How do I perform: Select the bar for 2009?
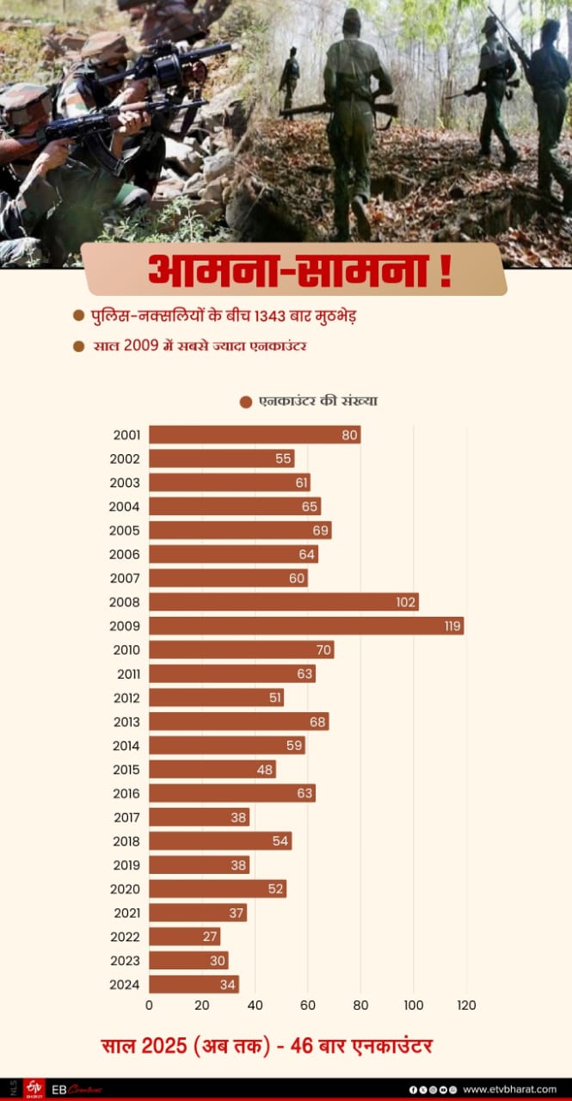click(305, 626)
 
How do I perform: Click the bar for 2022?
click(184, 937)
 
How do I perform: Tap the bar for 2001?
click(254, 435)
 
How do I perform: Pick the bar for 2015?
click(212, 770)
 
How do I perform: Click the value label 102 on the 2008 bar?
click(406, 602)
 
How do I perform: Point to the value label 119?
click(453, 626)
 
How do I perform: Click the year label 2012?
click(126, 698)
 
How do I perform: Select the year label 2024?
click(126, 985)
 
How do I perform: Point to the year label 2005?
click(126, 531)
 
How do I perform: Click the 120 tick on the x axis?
click(465, 1006)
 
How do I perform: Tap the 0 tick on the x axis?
click(149, 1006)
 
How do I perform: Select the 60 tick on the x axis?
click(308, 1006)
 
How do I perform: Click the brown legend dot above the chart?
click(246, 402)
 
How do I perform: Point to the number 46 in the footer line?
click(303, 1046)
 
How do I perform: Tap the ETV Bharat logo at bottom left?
click(34, 1088)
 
